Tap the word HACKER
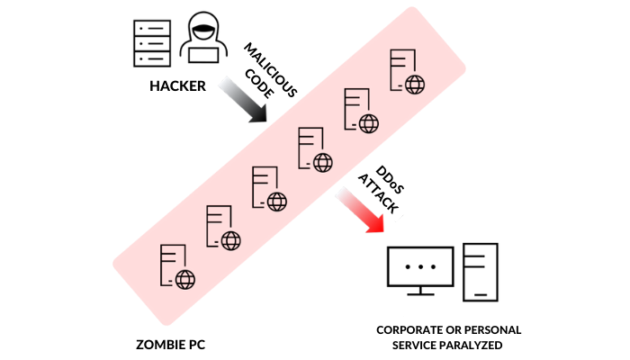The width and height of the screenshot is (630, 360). (178, 87)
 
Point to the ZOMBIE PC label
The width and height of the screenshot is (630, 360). (171, 344)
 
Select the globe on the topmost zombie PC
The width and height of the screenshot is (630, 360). (414, 85)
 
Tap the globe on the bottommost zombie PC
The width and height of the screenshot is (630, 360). (184, 279)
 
